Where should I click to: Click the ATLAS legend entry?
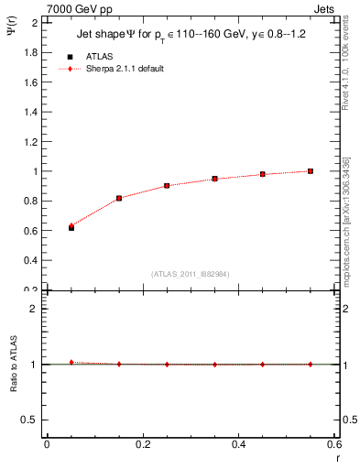[x=100, y=56]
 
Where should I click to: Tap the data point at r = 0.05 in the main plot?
[x=71, y=226]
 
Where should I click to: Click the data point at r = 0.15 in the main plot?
[x=119, y=198]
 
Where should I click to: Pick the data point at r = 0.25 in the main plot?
[x=167, y=185]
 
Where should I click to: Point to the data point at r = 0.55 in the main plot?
[x=311, y=171]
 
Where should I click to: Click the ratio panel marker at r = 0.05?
[x=71, y=363]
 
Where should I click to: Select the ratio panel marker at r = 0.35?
[x=214, y=365]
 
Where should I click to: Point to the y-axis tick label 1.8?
[x=30, y=52]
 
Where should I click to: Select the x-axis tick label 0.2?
[x=142, y=444]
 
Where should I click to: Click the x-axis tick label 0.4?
[x=238, y=444]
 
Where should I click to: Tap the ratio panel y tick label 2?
[x=34, y=309]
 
